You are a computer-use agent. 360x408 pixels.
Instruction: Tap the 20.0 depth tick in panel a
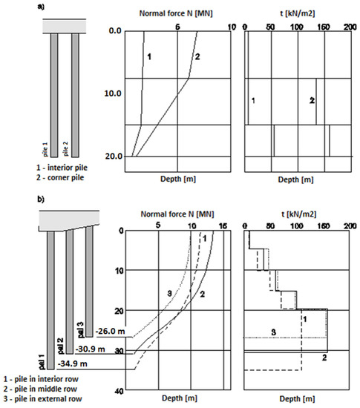[x=112, y=157]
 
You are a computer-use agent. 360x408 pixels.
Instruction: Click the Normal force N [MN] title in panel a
[x=177, y=14]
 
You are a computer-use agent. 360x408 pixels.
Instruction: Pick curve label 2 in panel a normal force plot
[x=197, y=57]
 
